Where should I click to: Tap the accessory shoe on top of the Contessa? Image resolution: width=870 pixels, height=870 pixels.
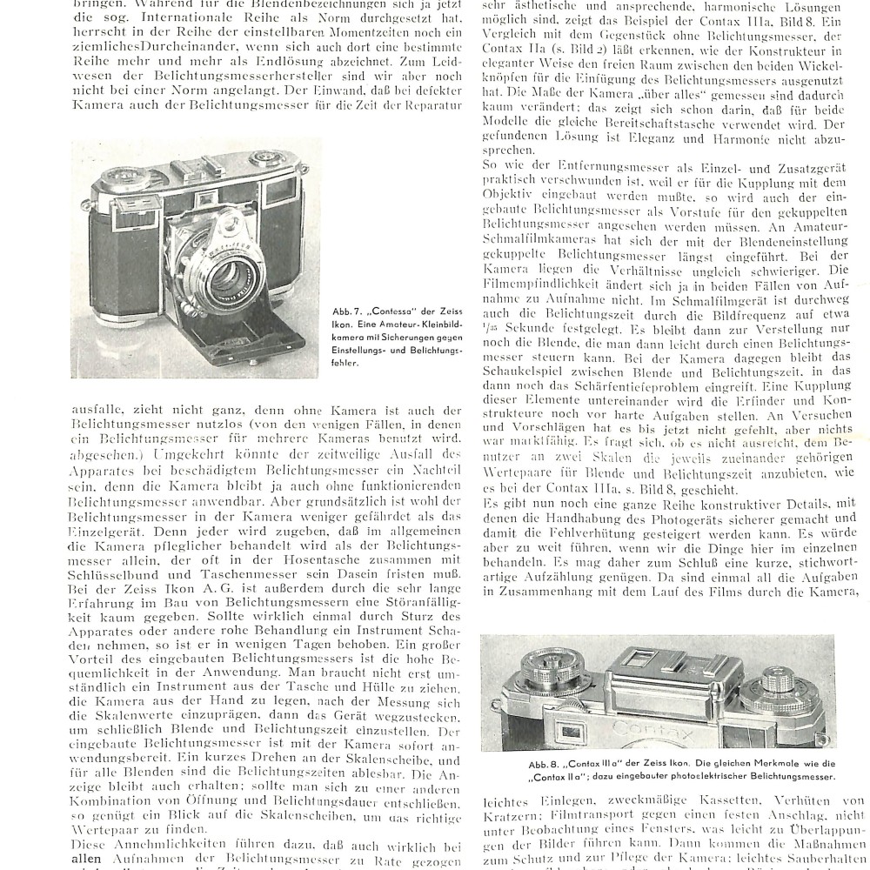click(x=198, y=167)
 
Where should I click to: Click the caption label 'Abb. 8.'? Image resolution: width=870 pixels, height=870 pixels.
click(x=545, y=764)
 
